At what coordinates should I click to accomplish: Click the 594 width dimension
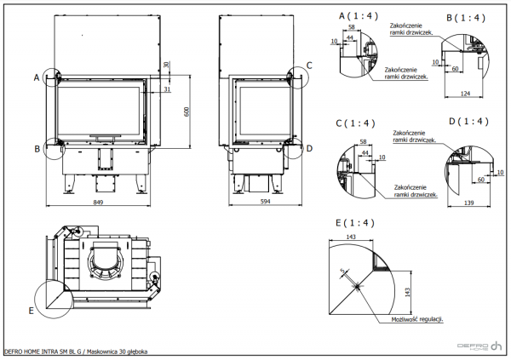click(x=264, y=202)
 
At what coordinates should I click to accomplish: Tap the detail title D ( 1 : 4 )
click(x=468, y=122)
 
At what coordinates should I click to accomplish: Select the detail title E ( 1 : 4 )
click(x=356, y=223)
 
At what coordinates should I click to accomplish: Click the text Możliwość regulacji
click(x=417, y=318)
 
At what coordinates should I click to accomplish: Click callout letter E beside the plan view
click(x=32, y=311)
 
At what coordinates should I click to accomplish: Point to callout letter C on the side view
click(x=309, y=65)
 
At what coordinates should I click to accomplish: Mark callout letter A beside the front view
click(x=37, y=77)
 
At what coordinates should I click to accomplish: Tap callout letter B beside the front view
click(x=37, y=149)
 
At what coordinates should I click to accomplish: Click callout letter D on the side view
click(x=309, y=148)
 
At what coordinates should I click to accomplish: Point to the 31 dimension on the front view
click(x=168, y=89)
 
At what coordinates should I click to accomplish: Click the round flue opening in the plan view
click(x=106, y=256)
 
